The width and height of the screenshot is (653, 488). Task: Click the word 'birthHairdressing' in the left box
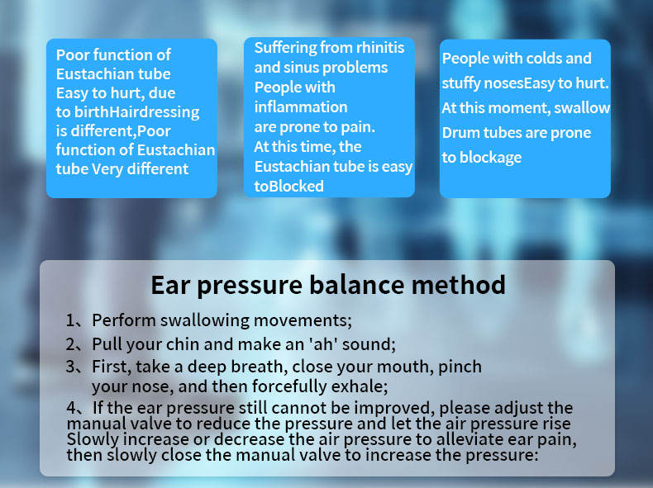click(x=136, y=112)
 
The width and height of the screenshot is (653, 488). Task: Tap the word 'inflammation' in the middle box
click(x=301, y=107)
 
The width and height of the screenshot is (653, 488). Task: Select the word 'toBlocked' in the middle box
click(x=288, y=187)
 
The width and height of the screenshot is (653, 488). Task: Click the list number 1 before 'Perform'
click(x=70, y=320)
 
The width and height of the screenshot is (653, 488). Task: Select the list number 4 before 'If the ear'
click(x=72, y=407)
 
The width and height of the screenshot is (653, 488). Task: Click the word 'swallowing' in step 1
click(x=204, y=320)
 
